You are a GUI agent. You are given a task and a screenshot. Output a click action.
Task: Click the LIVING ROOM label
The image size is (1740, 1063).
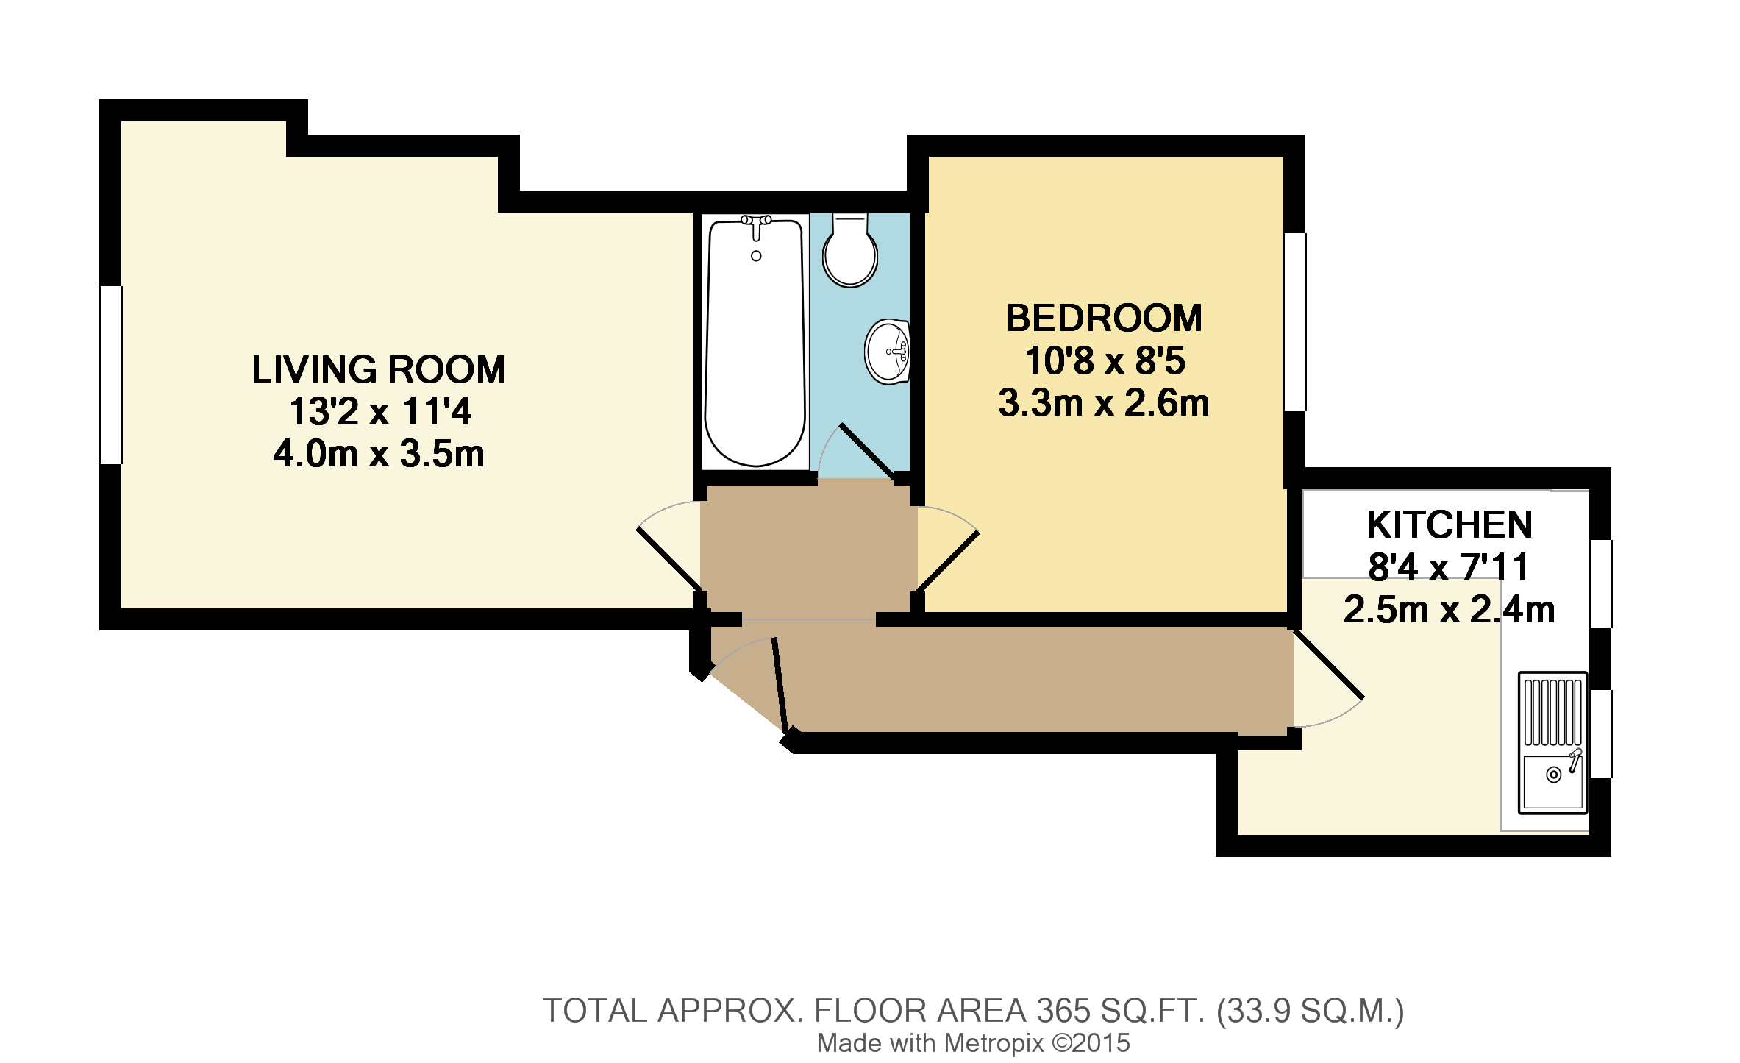click(x=379, y=369)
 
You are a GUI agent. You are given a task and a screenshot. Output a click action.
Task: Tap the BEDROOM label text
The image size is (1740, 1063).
click(x=1104, y=319)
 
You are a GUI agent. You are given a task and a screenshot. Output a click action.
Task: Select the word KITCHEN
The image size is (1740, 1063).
click(x=1450, y=525)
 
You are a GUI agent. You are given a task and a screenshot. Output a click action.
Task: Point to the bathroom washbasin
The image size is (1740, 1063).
click(x=888, y=352)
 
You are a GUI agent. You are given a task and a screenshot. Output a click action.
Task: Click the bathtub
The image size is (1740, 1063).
click(x=754, y=353)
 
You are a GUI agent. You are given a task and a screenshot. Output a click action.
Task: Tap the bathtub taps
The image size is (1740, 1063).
click(x=755, y=224)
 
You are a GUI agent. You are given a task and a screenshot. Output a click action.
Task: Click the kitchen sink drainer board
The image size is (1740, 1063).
click(x=1552, y=711)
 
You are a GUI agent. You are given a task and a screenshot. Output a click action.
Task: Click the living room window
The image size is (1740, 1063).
click(x=110, y=375)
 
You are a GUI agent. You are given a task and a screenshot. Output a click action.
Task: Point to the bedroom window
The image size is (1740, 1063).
click(x=1295, y=321)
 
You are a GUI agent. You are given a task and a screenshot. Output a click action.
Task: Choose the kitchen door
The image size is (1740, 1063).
click(x=1328, y=666)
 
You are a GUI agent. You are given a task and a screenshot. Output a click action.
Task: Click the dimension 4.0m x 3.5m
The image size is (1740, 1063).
click(x=379, y=455)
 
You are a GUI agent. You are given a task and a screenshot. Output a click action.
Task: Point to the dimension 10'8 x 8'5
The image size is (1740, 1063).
click(x=1104, y=361)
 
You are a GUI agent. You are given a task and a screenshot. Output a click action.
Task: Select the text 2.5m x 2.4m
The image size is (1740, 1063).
click(x=1449, y=611)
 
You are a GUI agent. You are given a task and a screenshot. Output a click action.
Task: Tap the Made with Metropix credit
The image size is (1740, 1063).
click(x=972, y=1043)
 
